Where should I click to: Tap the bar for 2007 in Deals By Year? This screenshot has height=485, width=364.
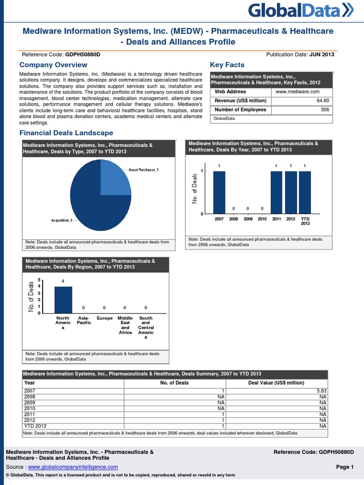pos(219,192)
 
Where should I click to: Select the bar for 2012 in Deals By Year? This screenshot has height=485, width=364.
pos(291,192)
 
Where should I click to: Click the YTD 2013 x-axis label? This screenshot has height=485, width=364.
pos(305,221)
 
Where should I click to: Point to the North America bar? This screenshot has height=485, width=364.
pos(63,300)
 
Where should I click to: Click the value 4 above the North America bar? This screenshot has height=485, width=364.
pos(63,281)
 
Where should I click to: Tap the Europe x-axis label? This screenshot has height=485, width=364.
pos(105,318)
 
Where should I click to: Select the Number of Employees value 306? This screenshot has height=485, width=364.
pos(325,109)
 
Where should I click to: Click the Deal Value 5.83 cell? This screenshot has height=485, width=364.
pos(322,390)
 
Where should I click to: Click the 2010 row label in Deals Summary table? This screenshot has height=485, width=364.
pos(29,408)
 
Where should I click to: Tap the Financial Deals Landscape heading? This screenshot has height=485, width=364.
pos(66,133)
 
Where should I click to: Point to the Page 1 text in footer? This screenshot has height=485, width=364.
pos(345,467)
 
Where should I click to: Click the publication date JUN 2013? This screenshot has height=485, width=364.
pos(322,54)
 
